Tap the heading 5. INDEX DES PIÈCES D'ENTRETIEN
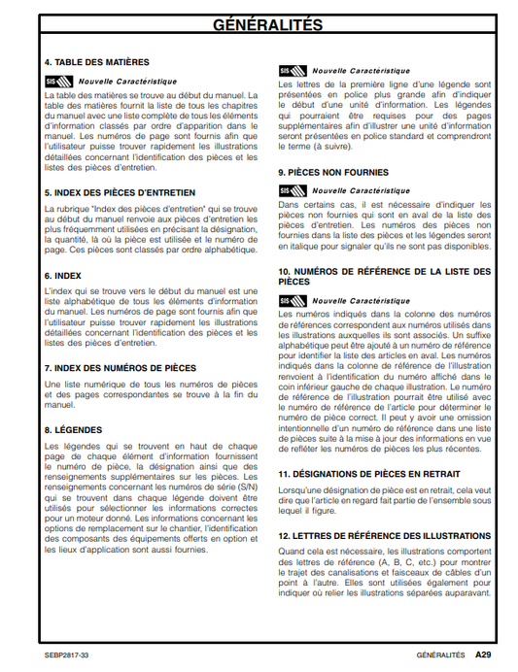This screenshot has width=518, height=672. click(x=120, y=193)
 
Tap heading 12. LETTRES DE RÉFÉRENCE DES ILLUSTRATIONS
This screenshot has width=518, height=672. click(x=384, y=536)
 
